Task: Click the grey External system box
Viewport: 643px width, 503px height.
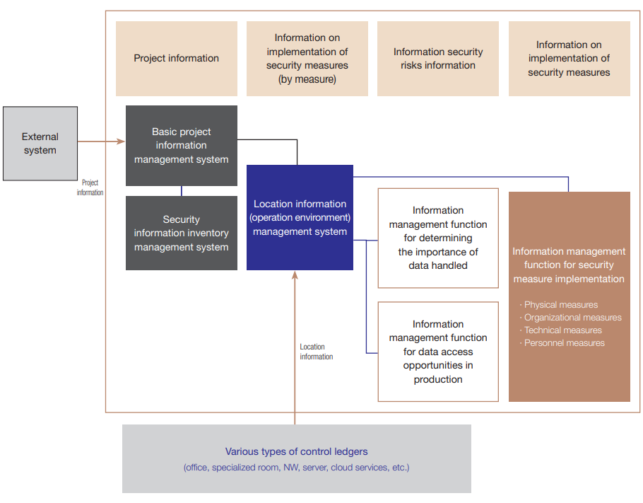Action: pos(40,144)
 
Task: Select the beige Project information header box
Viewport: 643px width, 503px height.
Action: pos(177,59)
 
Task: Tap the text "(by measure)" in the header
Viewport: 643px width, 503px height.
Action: pos(307,79)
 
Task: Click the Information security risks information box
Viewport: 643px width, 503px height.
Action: pos(438,59)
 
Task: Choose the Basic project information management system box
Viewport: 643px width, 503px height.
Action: pos(182,146)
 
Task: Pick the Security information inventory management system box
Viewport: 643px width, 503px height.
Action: pos(182,233)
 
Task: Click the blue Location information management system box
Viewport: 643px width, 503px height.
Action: pos(300,218)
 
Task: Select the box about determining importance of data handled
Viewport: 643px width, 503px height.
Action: pos(438,238)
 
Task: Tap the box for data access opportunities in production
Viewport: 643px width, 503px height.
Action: pos(438,352)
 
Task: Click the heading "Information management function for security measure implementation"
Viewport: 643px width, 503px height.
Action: pos(569,265)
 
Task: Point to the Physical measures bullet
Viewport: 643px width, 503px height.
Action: pos(560,305)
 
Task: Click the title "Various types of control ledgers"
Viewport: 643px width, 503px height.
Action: pos(296,451)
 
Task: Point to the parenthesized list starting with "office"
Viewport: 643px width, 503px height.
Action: pos(296,468)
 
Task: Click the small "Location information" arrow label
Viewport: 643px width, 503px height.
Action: pos(316,352)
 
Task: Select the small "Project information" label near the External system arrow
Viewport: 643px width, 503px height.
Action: pos(90,187)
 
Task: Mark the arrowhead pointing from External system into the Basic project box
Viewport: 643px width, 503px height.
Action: pos(121,142)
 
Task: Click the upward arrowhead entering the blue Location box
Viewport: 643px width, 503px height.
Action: pos(295,274)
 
